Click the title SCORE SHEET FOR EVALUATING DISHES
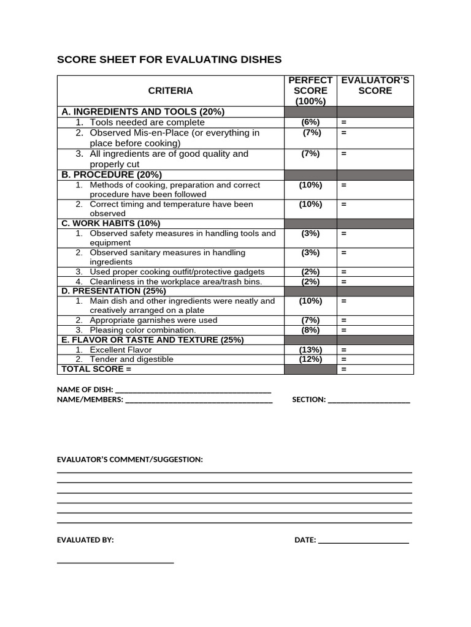[169, 59]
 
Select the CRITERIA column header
[170, 91]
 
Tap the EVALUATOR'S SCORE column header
[375, 85]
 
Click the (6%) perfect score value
[310, 122]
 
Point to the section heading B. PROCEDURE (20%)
[112, 175]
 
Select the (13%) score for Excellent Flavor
[310, 350]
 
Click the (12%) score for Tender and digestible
[310, 359]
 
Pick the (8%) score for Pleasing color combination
[310, 330]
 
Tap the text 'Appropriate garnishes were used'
[153, 320]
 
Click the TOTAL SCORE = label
[96, 369]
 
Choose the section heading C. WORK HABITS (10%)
[111, 223]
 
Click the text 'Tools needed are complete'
[147, 122]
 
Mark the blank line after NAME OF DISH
[193, 391]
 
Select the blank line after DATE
[363, 542]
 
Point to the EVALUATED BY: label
[85, 540]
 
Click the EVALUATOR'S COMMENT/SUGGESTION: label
[129, 459]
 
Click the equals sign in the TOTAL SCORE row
[344, 369]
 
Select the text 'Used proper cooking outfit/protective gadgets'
[177, 272]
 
